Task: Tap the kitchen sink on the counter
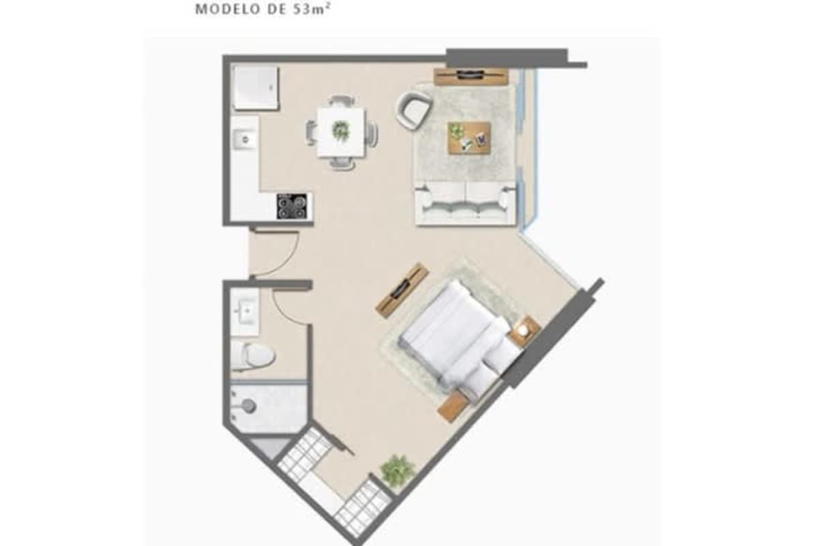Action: (243, 140)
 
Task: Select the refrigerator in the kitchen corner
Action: (255, 86)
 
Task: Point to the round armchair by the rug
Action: (414, 109)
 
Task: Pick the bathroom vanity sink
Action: (243, 312)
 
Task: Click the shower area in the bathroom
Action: (267, 407)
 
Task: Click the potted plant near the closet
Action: (398, 470)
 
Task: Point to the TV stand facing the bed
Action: (402, 290)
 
